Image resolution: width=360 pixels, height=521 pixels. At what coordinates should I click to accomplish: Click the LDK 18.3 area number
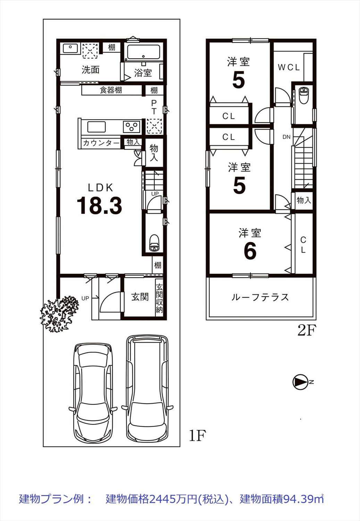[x=99, y=205]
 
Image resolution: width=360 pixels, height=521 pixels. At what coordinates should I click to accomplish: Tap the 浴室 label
[x=143, y=73]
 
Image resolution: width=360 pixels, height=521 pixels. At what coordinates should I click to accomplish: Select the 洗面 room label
[x=91, y=69]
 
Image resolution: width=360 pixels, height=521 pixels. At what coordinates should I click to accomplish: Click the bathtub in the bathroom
[x=144, y=52]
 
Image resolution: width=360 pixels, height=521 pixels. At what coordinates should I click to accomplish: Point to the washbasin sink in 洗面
[x=70, y=49]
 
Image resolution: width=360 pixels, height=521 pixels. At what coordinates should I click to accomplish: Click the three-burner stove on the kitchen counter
[x=132, y=127]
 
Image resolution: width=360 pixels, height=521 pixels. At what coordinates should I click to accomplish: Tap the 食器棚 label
[x=111, y=90]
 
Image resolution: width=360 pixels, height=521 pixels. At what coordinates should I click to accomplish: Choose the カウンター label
[x=101, y=143]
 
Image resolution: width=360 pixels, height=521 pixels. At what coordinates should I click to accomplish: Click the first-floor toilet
[x=154, y=243]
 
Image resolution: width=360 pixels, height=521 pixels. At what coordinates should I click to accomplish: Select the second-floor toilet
[x=303, y=95]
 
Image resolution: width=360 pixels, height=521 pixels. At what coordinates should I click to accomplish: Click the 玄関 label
[x=140, y=297]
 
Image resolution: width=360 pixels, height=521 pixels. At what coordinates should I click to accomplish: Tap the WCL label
[x=289, y=67]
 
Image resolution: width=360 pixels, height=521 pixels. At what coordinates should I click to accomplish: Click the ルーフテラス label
[x=260, y=297]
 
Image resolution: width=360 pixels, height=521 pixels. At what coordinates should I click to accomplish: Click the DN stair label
[x=286, y=137]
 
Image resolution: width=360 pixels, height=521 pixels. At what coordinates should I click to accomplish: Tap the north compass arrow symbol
[x=299, y=382]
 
